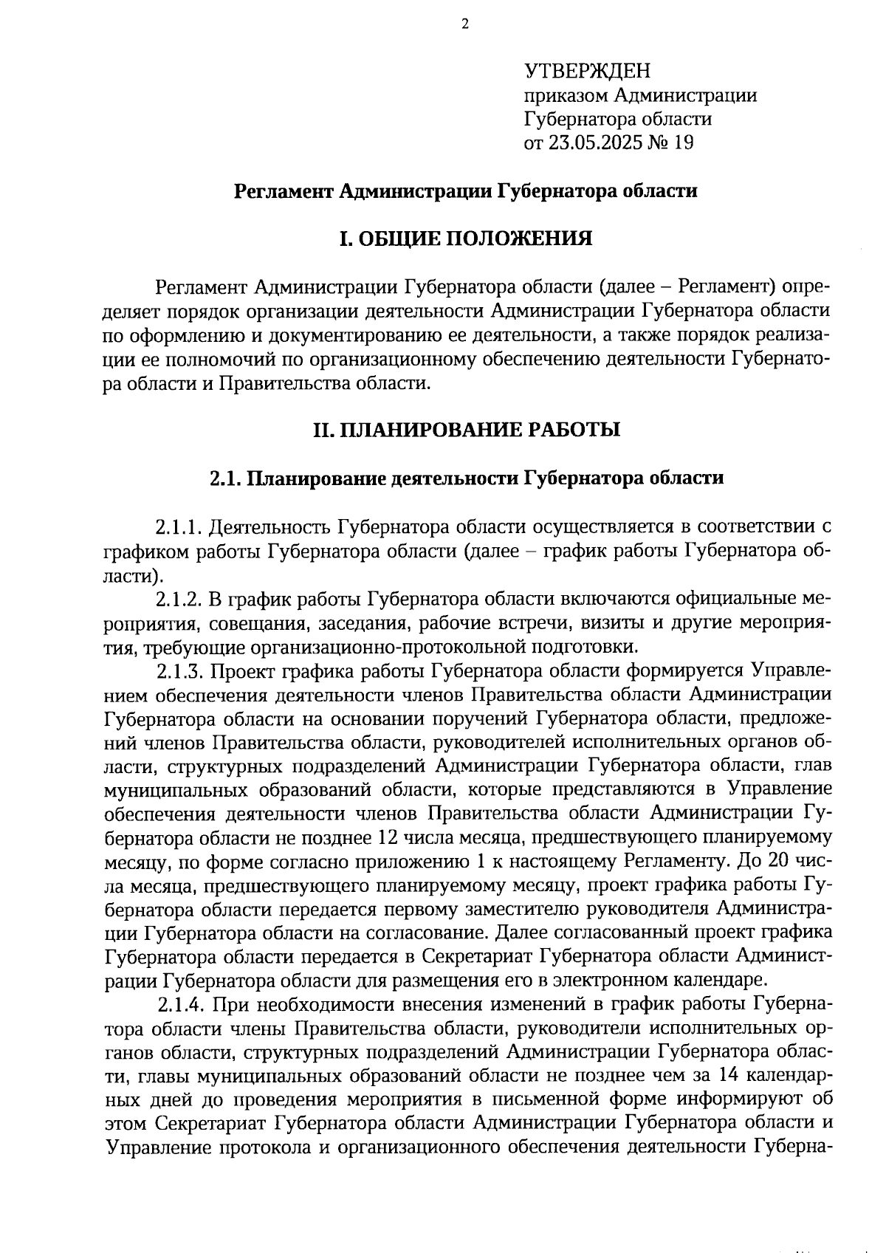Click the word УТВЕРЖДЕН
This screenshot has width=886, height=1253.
coord(588,71)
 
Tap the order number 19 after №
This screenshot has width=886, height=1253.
coord(683,142)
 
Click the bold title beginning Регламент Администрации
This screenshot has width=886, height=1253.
coord(465,191)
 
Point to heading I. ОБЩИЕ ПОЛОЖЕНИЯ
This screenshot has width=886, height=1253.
coord(465,238)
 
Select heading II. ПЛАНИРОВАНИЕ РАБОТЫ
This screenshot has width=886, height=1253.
coord(465,429)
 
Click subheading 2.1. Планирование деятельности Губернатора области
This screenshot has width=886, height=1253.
coord(465,478)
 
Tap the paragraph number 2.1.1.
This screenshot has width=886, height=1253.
coord(179,527)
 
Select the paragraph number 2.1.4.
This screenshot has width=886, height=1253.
coord(182,1005)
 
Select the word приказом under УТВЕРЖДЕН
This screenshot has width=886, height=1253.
coord(566,95)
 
